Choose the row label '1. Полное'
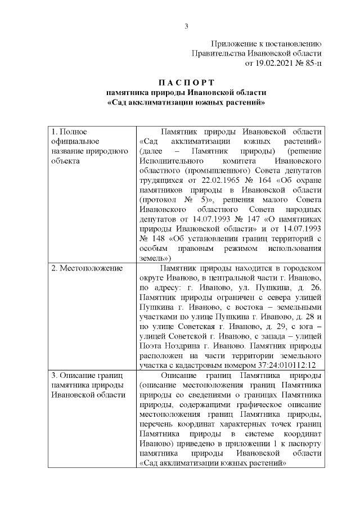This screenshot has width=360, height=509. coord(69,132)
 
